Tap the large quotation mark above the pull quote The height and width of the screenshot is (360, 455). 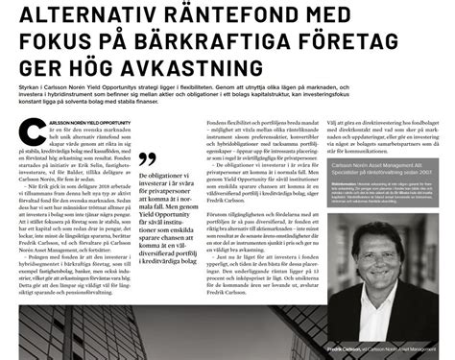tap(146, 158)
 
